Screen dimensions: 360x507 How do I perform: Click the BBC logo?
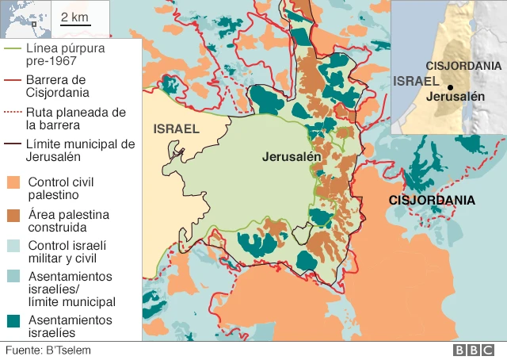(x=474, y=350)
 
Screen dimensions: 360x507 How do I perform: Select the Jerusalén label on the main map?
(x=292, y=157)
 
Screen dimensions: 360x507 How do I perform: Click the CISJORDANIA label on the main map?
(x=432, y=201)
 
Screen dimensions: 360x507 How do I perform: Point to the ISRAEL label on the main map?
(x=176, y=128)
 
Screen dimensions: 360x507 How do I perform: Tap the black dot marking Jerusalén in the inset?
(x=449, y=87)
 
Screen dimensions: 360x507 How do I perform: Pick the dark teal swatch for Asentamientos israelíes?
(x=14, y=321)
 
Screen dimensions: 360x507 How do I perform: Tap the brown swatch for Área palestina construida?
(x=14, y=215)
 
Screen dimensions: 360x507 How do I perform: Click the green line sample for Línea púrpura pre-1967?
(x=14, y=47)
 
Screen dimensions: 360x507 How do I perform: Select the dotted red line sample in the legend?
(x=14, y=113)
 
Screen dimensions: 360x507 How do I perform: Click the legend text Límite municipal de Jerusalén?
(x=69, y=151)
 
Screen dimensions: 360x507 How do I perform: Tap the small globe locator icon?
(x=25, y=19)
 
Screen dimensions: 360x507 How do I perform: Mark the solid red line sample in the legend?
(x=14, y=79)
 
